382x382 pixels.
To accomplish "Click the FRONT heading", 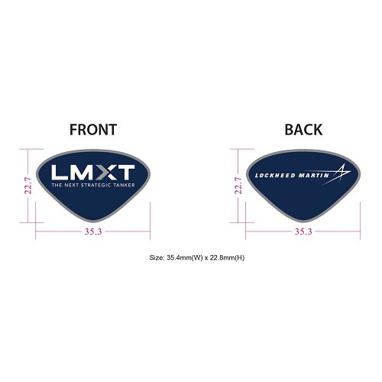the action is [x=93, y=130].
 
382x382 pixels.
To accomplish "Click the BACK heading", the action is [x=303, y=130].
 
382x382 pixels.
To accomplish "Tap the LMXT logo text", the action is [x=93, y=172].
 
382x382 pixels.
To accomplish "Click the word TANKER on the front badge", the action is [x=125, y=185].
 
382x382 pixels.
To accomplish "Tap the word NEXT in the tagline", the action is [x=72, y=185].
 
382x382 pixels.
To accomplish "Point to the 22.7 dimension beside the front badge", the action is [x=28, y=186].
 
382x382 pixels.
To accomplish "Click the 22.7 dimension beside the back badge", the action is [x=238, y=186].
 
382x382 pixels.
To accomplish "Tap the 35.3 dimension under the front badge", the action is [x=93, y=231].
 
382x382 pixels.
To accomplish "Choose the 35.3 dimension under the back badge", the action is [x=303, y=231].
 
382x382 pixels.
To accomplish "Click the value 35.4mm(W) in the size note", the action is [x=185, y=257].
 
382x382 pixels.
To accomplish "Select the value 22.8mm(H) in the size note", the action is [x=226, y=257].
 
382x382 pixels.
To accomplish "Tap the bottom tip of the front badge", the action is [x=93, y=222].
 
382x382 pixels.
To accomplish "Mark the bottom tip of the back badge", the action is [x=303, y=222].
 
